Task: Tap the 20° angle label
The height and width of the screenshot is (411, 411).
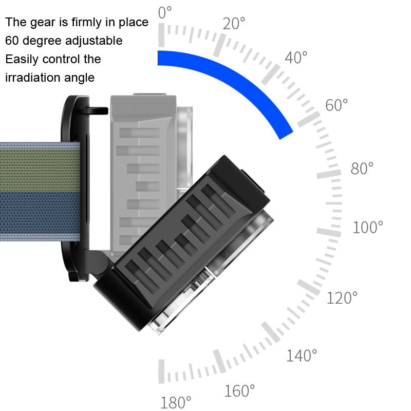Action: (234, 23)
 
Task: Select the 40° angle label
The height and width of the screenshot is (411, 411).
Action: (296, 58)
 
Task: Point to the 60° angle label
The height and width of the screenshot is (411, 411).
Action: (337, 105)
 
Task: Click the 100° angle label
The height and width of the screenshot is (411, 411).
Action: (368, 227)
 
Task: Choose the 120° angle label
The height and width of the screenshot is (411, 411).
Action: (342, 297)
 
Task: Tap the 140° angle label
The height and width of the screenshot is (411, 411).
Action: (302, 355)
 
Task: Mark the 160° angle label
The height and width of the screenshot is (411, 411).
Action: (239, 391)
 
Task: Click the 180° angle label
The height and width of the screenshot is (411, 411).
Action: (176, 402)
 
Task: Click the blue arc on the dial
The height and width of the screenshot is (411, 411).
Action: (241, 82)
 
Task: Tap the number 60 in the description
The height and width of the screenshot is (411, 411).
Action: (12, 41)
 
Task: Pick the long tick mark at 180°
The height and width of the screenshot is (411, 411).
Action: (162, 371)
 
